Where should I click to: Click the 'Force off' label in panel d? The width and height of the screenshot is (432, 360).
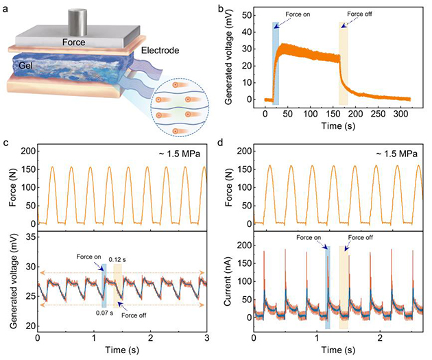click(x=361, y=238)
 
